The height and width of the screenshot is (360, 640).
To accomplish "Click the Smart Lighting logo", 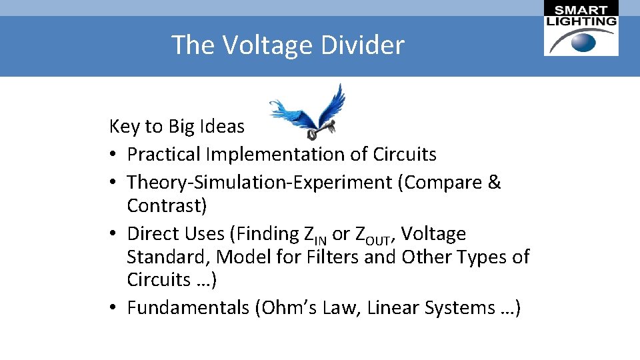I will [x=581, y=29].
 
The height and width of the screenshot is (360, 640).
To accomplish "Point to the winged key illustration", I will [x=309, y=109].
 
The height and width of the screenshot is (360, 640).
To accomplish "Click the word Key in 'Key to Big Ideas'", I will [x=123, y=126].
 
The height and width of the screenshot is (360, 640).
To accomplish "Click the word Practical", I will [x=163, y=155].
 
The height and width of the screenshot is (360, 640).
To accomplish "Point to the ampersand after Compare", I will [x=494, y=182].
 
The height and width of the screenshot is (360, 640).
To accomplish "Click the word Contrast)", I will [x=167, y=205].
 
